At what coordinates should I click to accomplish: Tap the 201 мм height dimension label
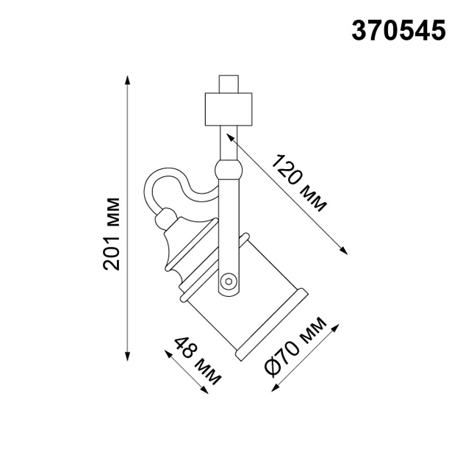point(112,234)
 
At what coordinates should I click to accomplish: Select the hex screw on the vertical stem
point(229,281)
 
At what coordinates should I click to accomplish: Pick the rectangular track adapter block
point(229,109)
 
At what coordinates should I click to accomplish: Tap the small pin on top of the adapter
point(229,82)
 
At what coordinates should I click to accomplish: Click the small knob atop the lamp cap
point(165,215)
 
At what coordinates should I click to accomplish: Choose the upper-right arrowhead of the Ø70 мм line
point(336,325)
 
